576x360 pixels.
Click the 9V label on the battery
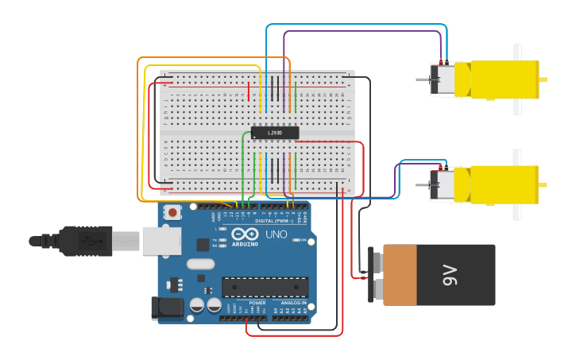pos(450,276)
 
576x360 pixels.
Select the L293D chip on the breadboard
pos(275,133)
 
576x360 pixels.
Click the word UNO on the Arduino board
pos(276,234)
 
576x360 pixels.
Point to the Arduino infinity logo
pos(246,234)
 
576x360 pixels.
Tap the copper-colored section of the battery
pos(400,275)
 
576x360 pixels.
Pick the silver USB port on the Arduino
pos(161,241)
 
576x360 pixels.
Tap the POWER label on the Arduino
pos(257,303)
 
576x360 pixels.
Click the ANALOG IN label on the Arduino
pos(292,303)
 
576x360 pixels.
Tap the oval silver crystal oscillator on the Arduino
pos(200,264)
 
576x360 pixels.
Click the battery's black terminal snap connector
pos(371,275)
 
